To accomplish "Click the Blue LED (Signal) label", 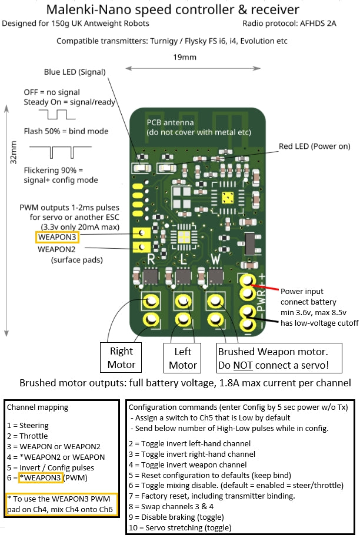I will click(x=75, y=72).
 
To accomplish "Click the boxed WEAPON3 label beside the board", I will click(x=56, y=237).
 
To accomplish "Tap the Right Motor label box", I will click(x=121, y=357).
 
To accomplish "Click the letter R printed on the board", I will click(x=151, y=258).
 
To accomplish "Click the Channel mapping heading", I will click(x=37, y=406).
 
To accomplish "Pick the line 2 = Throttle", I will click(x=27, y=436).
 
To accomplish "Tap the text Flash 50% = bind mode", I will click(x=66, y=131).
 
